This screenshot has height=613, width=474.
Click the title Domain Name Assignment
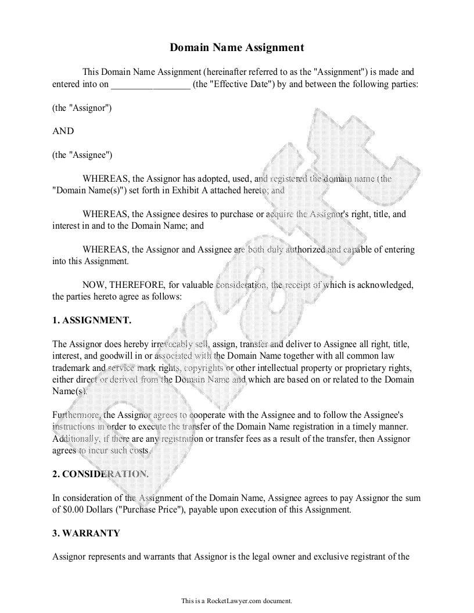click(237, 48)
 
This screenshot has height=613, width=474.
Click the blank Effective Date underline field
click(150, 84)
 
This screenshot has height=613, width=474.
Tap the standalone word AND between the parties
click(63, 131)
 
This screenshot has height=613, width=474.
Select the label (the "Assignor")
click(82, 108)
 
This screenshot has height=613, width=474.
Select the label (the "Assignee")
click(82, 155)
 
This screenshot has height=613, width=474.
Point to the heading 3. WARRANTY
click(86, 533)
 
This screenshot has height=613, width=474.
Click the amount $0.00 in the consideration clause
click(73, 510)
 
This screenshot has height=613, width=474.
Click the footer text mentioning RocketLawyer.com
click(237, 601)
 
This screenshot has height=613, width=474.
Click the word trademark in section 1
click(70, 368)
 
